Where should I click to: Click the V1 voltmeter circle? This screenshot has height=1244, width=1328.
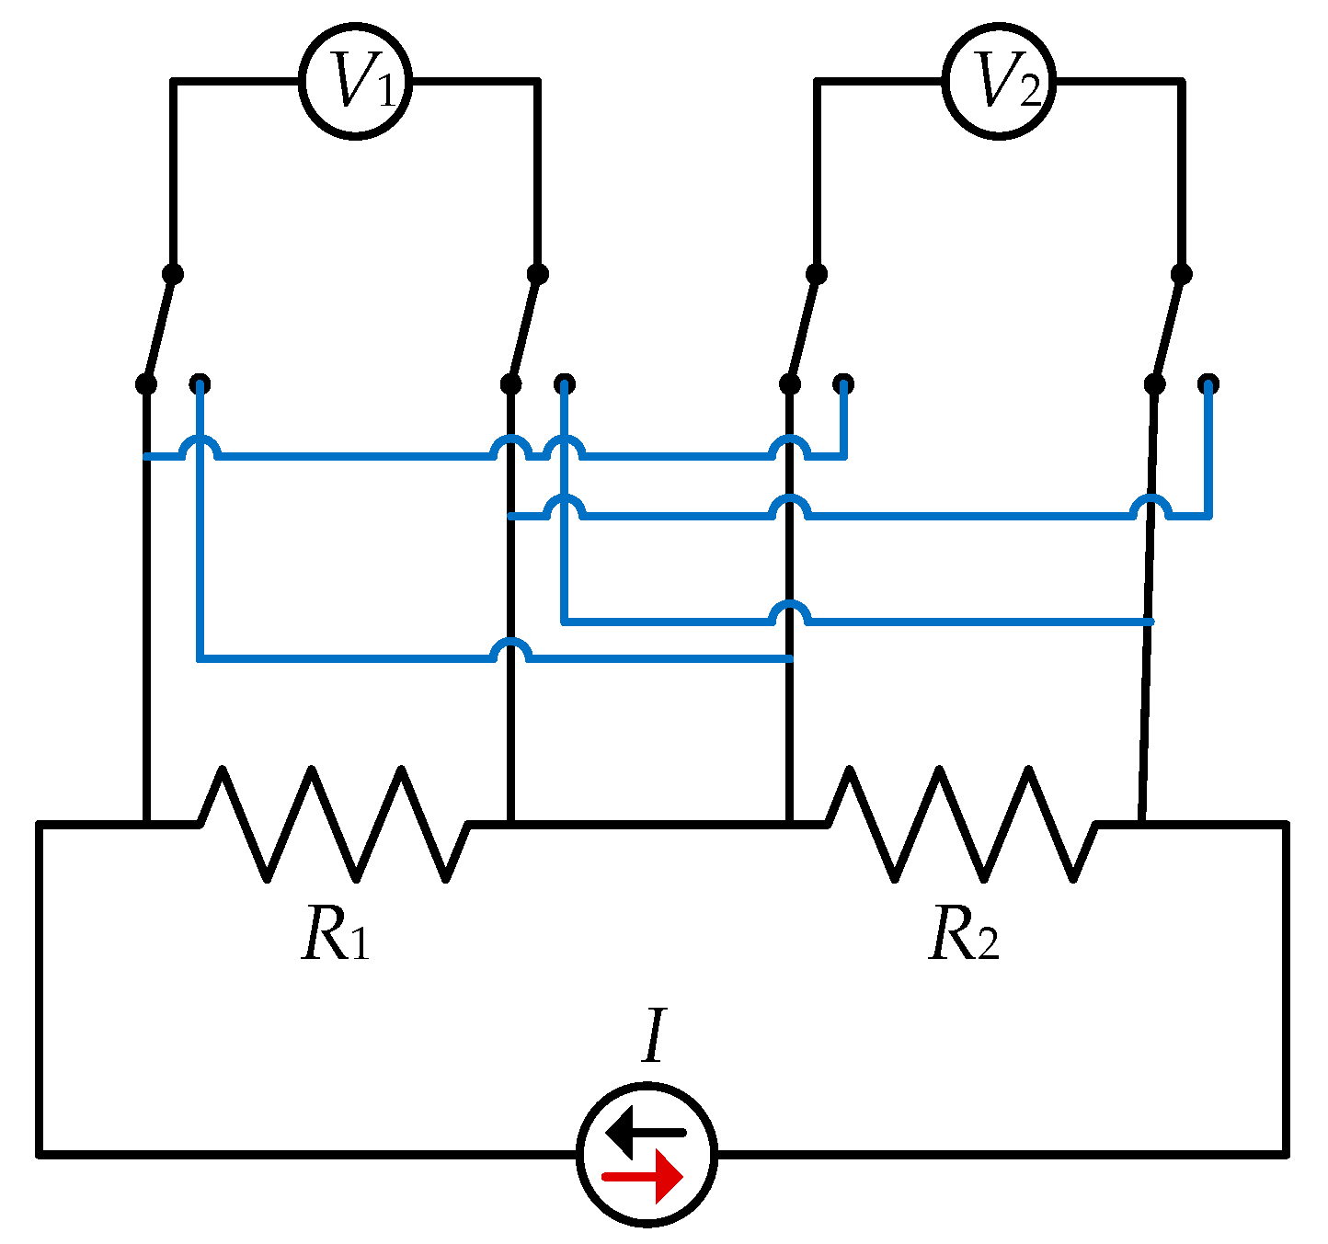click(x=355, y=83)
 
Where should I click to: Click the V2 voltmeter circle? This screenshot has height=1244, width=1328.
click(x=999, y=83)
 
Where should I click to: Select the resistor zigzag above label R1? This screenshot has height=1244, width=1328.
click(x=334, y=824)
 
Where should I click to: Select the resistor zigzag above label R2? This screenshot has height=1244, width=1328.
click(x=961, y=824)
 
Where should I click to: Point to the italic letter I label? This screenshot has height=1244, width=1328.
click(x=653, y=1036)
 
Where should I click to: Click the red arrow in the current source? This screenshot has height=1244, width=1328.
click(x=643, y=1177)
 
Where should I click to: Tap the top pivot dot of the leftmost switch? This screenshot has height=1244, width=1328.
click(x=172, y=274)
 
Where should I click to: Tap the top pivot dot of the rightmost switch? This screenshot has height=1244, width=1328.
click(x=1182, y=274)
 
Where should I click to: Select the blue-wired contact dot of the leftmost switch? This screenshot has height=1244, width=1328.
click(x=200, y=383)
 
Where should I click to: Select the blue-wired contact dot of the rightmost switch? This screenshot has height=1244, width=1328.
click(x=1208, y=383)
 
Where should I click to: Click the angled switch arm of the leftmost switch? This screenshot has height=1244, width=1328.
click(x=159, y=328)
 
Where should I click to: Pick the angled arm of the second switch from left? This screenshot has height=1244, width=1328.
click(x=525, y=328)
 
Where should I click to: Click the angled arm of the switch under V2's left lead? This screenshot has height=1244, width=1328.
click(x=802, y=328)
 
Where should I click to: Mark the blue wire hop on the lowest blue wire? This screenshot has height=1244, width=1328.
click(x=511, y=650)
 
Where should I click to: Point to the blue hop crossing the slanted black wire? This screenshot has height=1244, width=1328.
click(x=1151, y=507)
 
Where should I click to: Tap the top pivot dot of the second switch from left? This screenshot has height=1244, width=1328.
click(x=538, y=274)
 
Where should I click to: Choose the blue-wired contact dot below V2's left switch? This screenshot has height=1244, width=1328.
click(x=843, y=383)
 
